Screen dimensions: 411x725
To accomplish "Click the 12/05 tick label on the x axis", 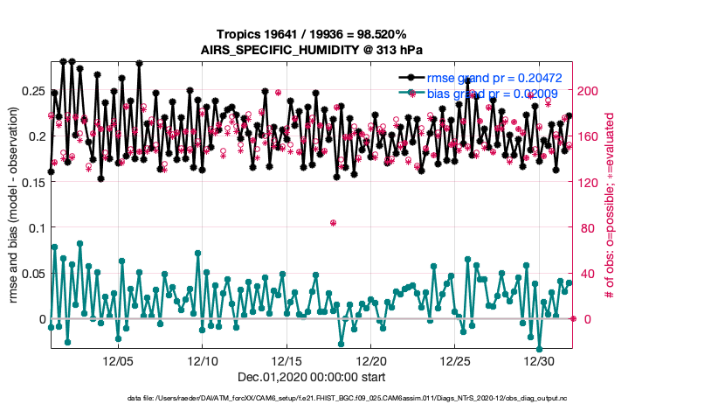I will click(118, 360).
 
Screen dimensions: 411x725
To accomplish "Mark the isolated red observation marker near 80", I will click(334, 223).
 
